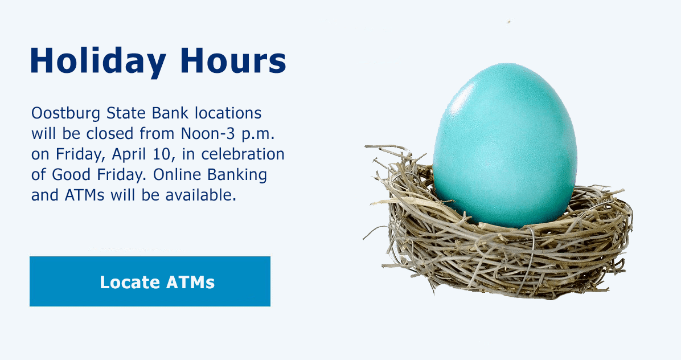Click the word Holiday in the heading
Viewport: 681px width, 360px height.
click(x=98, y=61)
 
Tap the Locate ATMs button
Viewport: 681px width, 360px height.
click(x=150, y=281)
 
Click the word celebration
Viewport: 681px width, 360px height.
click(x=243, y=154)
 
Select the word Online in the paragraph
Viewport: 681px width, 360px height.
click(x=177, y=174)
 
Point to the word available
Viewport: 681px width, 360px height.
click(x=200, y=195)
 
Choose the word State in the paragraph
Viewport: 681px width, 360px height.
click(x=126, y=113)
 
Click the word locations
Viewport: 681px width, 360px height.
click(x=228, y=113)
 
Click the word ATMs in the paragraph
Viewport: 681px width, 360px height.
click(x=85, y=195)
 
